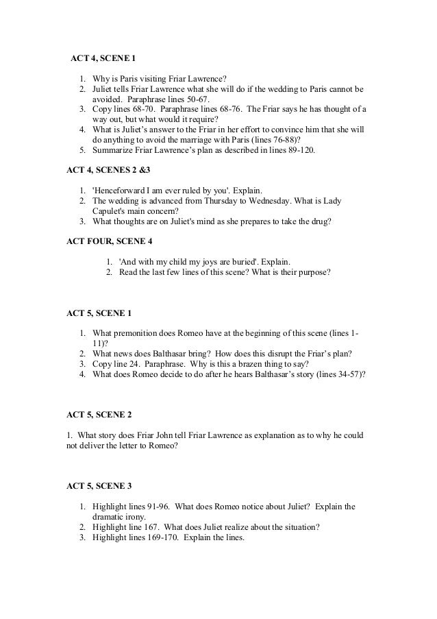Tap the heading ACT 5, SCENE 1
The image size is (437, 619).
pos(99,313)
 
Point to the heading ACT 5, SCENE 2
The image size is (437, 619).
pos(99,415)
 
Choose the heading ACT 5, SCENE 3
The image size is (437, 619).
pos(99,487)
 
